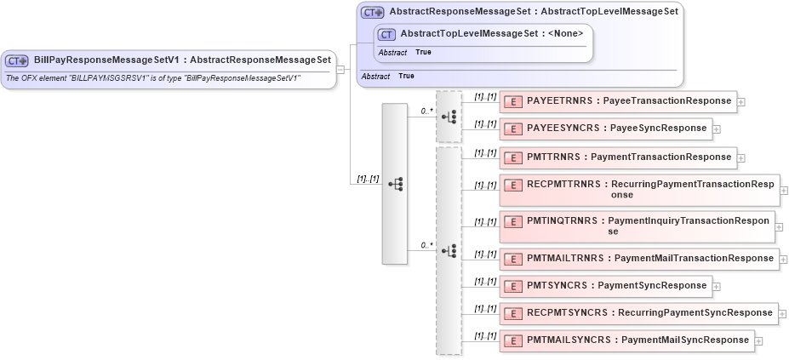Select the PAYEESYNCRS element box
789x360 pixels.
tap(605, 129)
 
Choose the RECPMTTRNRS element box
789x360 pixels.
tap(637, 189)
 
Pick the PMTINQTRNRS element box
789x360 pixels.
tap(637, 226)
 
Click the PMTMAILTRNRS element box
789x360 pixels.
tap(638, 258)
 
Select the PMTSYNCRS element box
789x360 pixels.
tap(605, 286)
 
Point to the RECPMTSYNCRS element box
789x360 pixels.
tap(638, 313)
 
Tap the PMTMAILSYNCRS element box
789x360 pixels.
tap(626, 340)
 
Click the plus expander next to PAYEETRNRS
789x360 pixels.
tap(741, 102)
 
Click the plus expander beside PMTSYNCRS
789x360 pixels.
tap(717, 287)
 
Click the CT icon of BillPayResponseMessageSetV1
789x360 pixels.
tap(17, 60)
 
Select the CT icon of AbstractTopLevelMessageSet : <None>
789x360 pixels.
tap(386, 34)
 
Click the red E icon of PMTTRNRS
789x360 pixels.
tap(513, 157)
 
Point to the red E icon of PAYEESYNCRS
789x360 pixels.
tap(513, 129)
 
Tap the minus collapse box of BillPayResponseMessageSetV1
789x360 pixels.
tap(340, 71)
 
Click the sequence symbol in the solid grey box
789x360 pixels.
tap(395, 184)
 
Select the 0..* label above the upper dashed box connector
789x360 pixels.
tap(426, 111)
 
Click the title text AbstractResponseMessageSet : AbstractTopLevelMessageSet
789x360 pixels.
tap(534, 12)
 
